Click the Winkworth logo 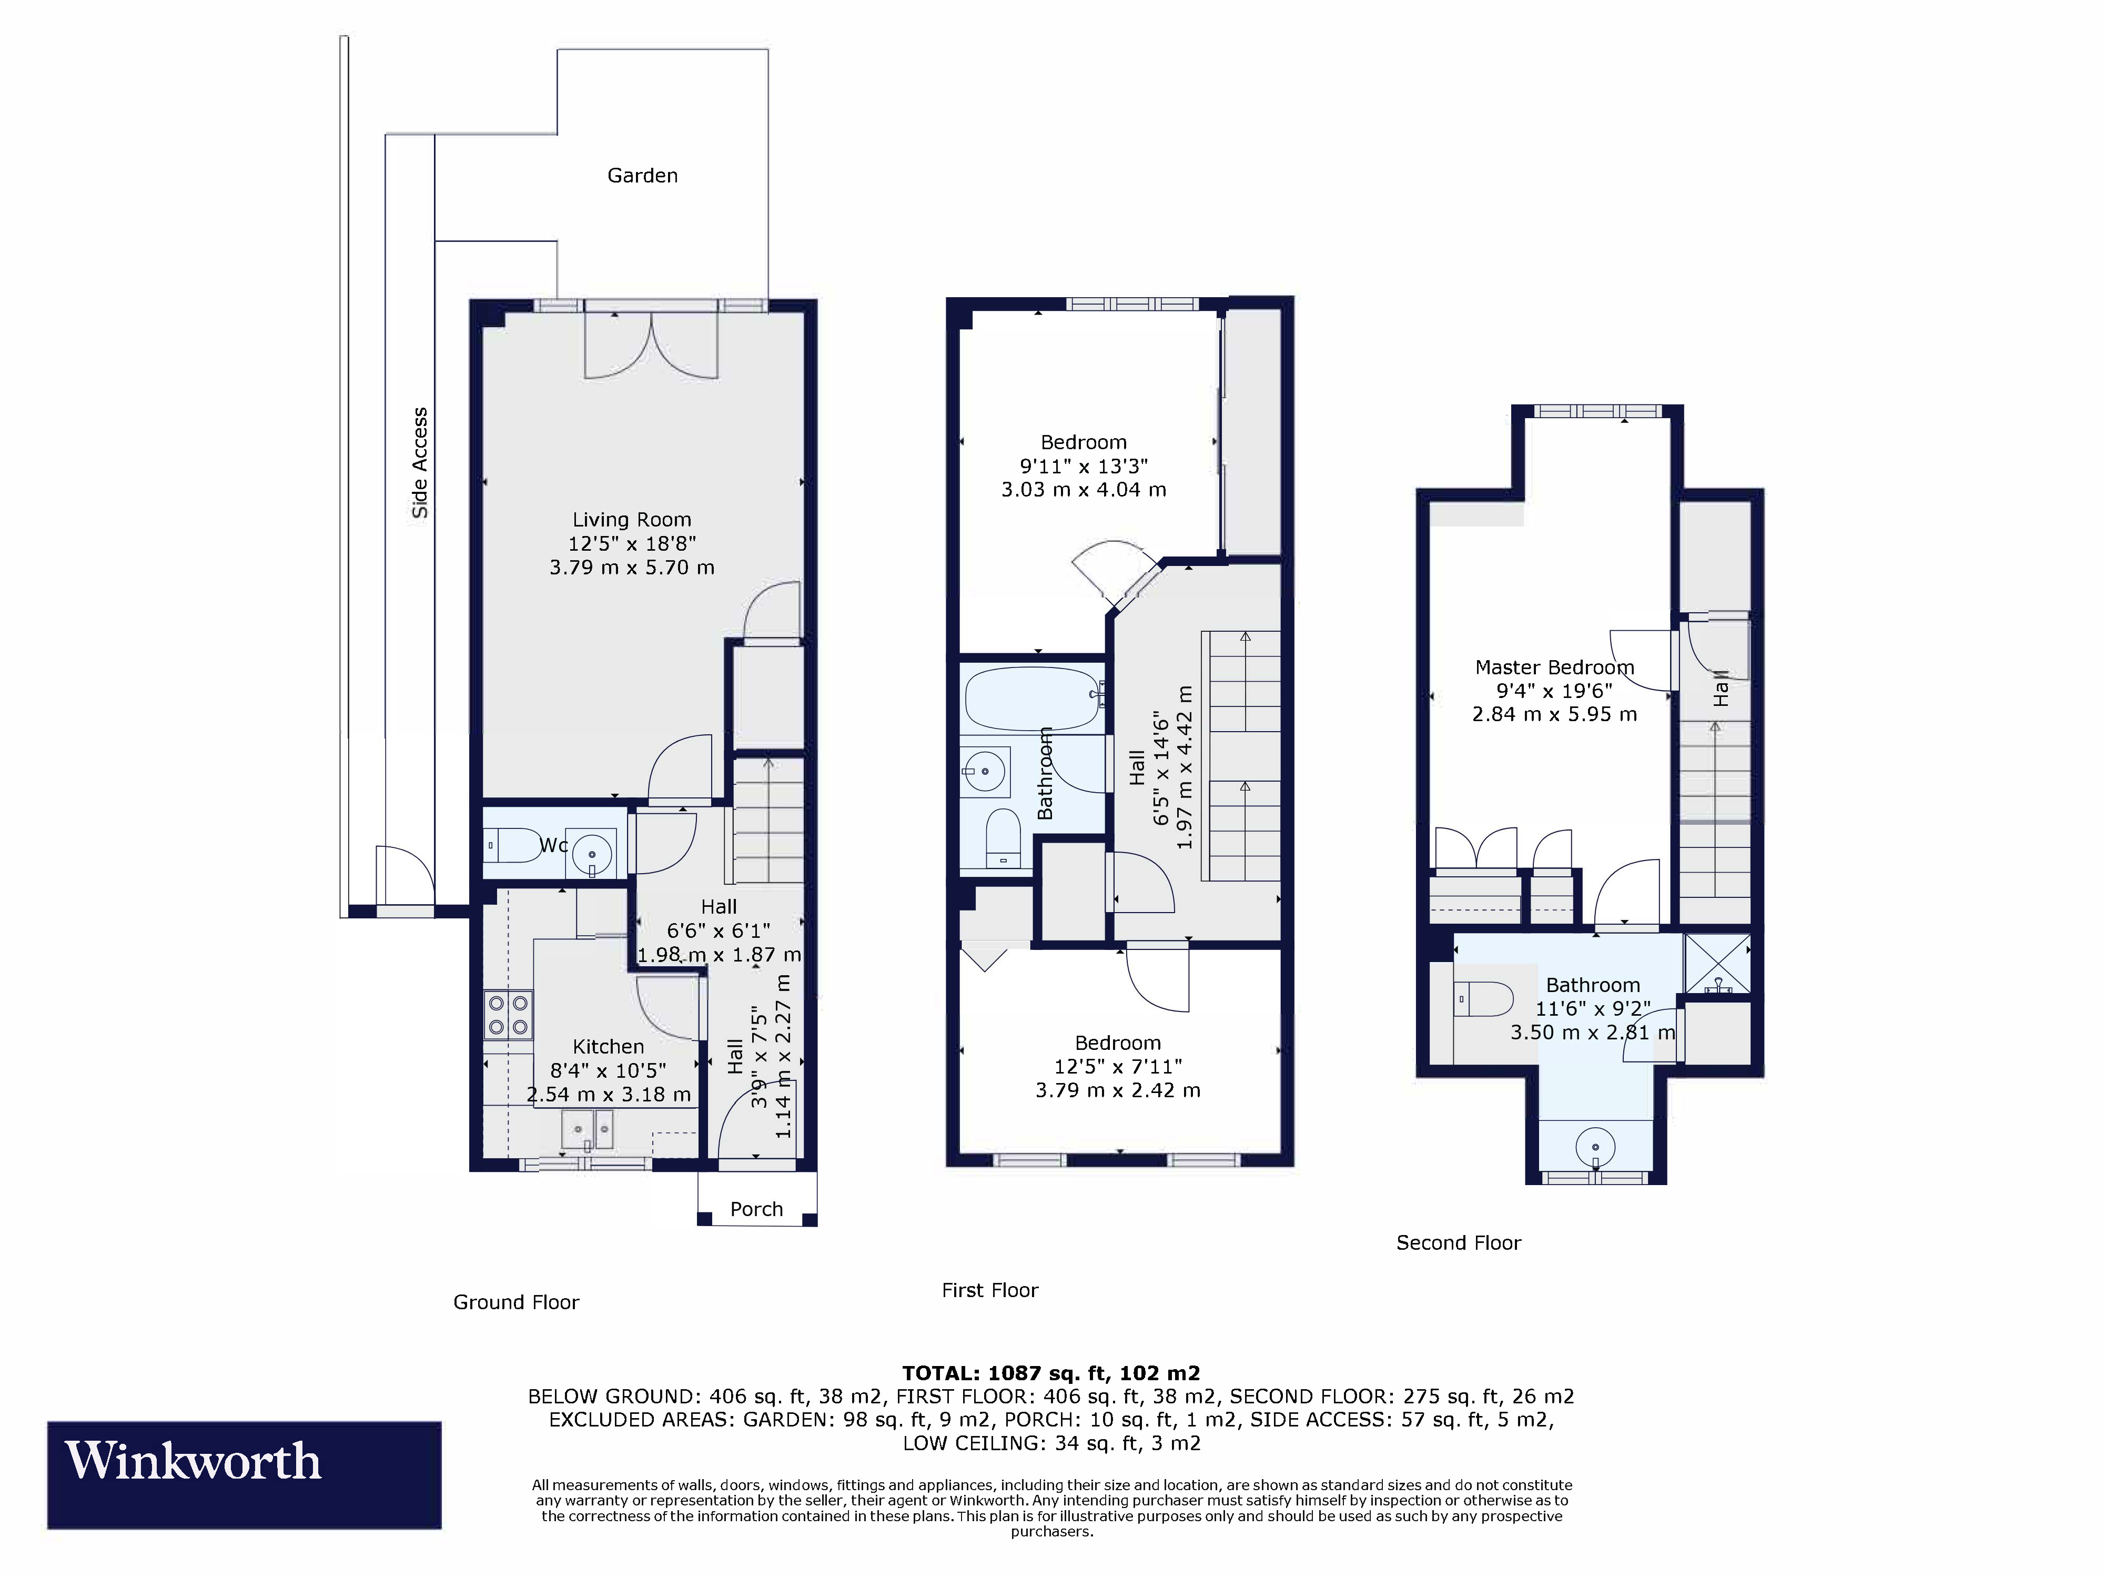click(x=245, y=1475)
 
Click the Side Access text click(x=419, y=463)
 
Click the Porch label click(x=756, y=1209)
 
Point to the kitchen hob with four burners click(x=508, y=1014)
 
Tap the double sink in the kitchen click(x=588, y=1130)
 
